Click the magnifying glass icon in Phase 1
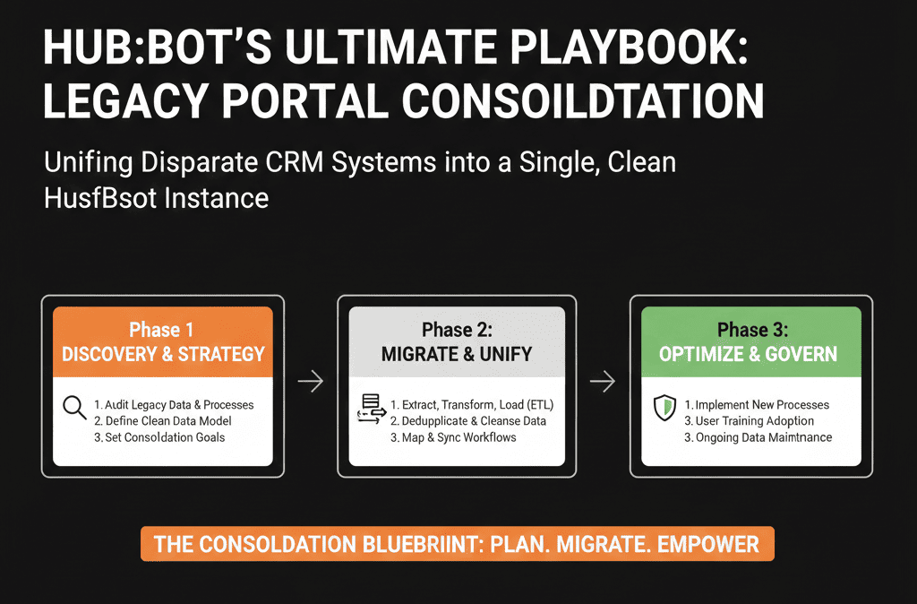coord(74,410)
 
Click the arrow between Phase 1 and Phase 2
coord(310,383)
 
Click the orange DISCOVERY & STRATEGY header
coord(163,341)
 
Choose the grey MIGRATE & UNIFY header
coord(457,341)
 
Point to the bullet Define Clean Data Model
coord(163,421)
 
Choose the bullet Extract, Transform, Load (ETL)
coord(471,405)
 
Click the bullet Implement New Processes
coord(757,405)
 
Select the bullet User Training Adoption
coord(749,421)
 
